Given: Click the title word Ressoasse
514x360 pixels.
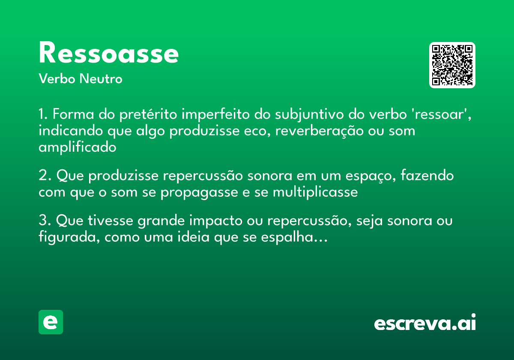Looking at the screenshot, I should click(x=108, y=54).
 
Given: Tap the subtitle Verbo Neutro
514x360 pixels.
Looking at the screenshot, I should click(x=81, y=79).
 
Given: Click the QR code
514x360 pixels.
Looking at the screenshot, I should click(x=452, y=65).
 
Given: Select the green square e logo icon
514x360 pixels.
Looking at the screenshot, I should click(x=51, y=322).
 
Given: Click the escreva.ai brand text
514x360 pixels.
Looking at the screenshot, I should click(x=425, y=323).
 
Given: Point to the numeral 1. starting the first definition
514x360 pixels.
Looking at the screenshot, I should click(x=43, y=115).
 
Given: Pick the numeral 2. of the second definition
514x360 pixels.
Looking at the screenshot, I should click(x=44, y=176).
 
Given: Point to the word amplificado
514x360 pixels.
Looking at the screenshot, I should click(x=78, y=147).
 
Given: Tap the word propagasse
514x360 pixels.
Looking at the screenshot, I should click(x=199, y=192).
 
